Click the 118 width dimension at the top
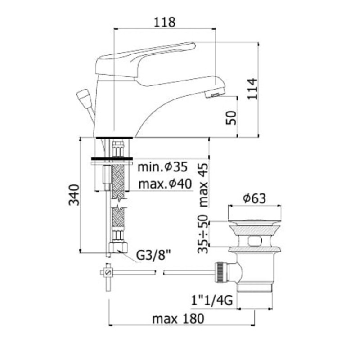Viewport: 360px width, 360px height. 164,22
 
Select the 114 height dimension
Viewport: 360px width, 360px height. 252,89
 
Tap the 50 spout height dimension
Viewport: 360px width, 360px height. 231,118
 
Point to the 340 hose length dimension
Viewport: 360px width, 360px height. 74,195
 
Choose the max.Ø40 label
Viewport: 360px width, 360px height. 165,184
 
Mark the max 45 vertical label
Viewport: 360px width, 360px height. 203,185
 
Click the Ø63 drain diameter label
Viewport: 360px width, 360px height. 255,198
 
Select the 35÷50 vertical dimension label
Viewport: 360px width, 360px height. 203,234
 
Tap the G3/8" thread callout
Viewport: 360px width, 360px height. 154,255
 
